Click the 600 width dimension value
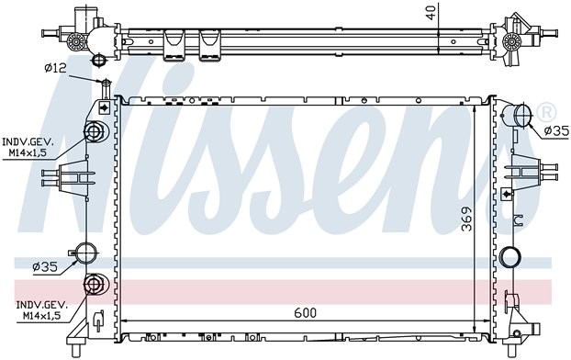306,312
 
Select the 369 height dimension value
466,219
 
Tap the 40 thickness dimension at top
431,12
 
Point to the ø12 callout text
55,68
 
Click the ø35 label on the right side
556,130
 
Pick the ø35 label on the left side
45,267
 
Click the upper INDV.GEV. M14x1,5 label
28,147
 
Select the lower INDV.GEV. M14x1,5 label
41,310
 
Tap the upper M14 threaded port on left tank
94,131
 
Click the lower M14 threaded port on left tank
94,284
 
